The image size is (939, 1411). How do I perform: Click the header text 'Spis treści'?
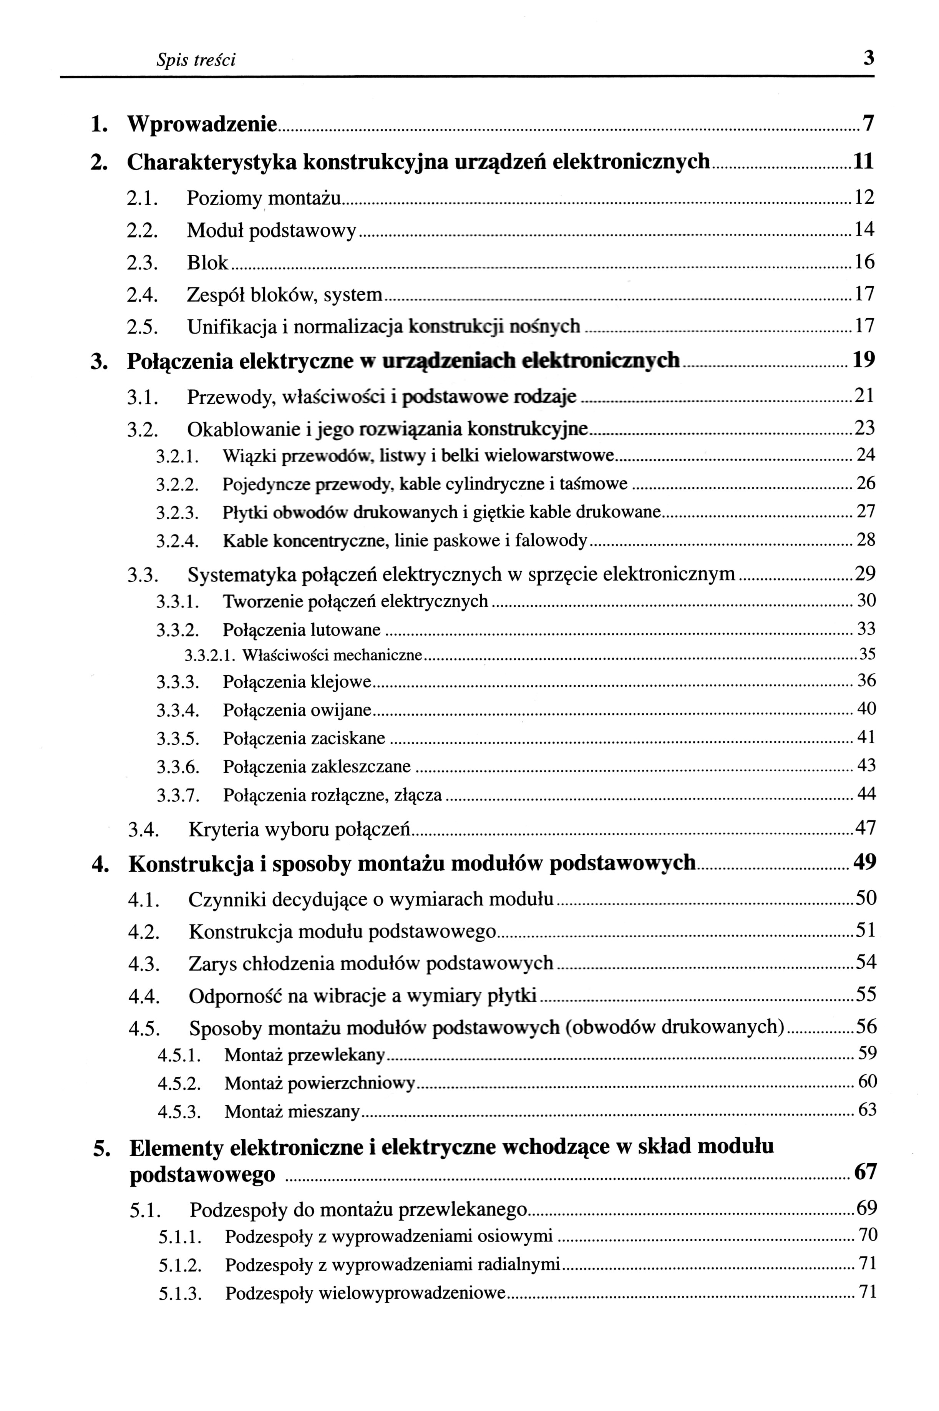196,60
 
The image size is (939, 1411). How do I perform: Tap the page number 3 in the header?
868,59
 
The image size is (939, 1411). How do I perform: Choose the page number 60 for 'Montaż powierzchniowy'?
867,1082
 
